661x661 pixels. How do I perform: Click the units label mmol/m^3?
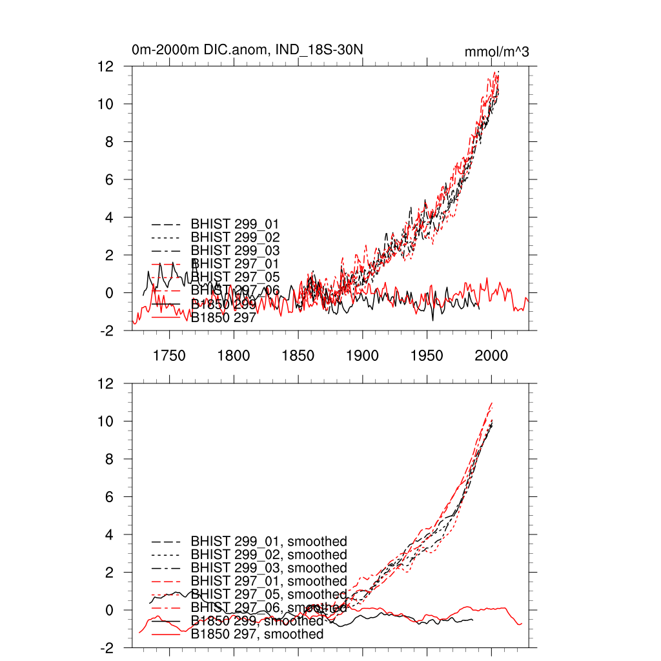pyautogui.click(x=496, y=52)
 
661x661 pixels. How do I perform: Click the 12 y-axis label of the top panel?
pyautogui.click(x=107, y=66)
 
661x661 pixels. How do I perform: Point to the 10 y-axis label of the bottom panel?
pyautogui.click(x=107, y=422)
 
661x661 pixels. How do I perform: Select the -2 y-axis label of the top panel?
pyautogui.click(x=107, y=331)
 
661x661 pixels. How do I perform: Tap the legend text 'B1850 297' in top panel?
pyautogui.click(x=224, y=317)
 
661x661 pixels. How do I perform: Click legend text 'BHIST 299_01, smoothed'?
pyautogui.click(x=269, y=541)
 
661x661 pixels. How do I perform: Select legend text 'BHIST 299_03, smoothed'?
pyautogui.click(x=269, y=568)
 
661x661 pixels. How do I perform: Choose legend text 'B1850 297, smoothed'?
pyautogui.click(x=257, y=635)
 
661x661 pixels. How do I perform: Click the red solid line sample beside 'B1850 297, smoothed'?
pyautogui.click(x=165, y=635)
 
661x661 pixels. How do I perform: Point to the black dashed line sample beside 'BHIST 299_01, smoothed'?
pyautogui.click(x=165, y=542)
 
